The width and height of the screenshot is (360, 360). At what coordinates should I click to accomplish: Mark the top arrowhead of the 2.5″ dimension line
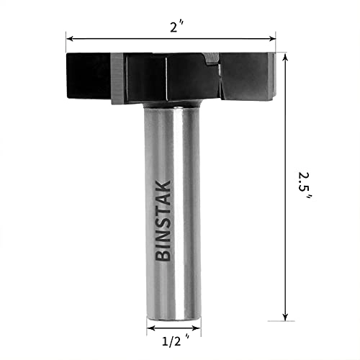pyautogui.click(x=286, y=56)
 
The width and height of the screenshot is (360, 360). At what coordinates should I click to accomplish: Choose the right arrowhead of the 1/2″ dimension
pyautogui.click(x=194, y=329)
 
